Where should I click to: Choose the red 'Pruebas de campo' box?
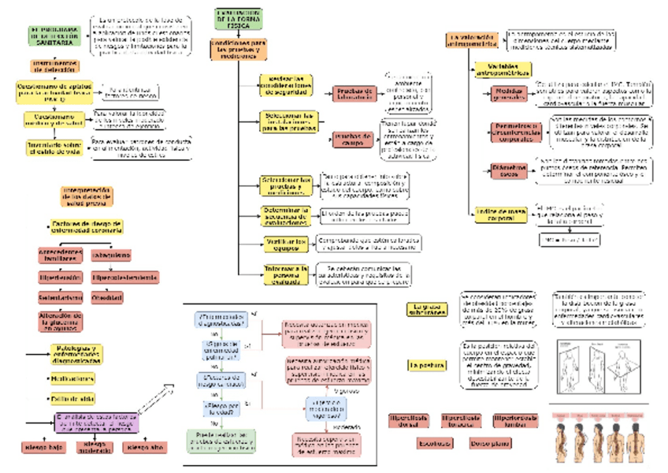coord(353,140)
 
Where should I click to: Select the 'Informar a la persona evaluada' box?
coord(285,273)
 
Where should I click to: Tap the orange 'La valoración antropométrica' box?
coord(472,41)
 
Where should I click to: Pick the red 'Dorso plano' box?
coord(489,443)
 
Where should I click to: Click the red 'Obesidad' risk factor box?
coord(107,298)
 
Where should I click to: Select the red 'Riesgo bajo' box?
coord(43,448)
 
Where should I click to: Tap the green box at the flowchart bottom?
coord(221,439)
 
